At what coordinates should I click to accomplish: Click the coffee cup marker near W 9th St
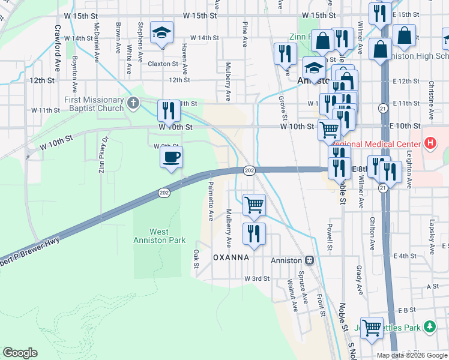pos(171,158)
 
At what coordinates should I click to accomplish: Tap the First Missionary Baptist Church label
pos(94,104)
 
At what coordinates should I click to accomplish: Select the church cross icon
pos(133,103)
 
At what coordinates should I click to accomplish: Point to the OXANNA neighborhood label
pos(231,257)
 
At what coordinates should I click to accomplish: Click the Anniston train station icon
pos(310,260)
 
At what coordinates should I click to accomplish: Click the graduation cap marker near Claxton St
pos(161,34)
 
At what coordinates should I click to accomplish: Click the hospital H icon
pos(429,143)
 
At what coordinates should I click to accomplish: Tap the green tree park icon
pos(429,327)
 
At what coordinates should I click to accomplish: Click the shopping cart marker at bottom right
pos(373,328)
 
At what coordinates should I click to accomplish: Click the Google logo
pos(20,353)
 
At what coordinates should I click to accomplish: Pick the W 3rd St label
pos(258,279)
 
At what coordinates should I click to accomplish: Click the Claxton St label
pos(163,64)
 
